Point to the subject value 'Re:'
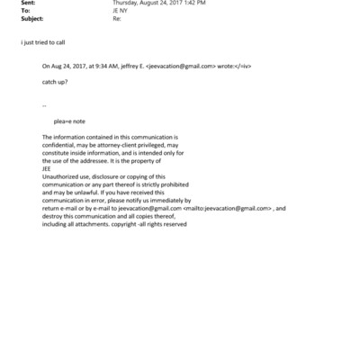coord(116,19)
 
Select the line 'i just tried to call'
coord(42,41)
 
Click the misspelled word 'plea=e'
coord(64,121)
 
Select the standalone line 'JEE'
coord(48,167)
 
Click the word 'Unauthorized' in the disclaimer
coord(60,175)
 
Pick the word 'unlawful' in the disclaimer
coord(88,192)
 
